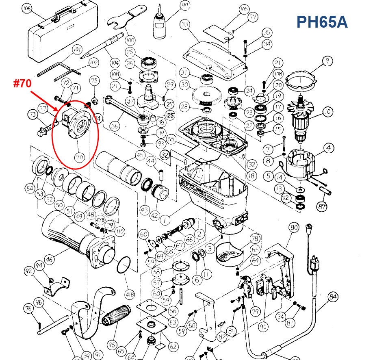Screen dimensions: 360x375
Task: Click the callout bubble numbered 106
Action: tap(27, 9)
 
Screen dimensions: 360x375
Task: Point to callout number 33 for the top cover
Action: tap(185, 25)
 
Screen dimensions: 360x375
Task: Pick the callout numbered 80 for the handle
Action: tap(294, 228)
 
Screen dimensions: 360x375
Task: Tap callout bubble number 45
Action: tap(140, 155)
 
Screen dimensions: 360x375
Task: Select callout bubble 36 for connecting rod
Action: tap(115, 126)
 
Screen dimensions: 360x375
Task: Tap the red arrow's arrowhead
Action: tap(57, 110)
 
